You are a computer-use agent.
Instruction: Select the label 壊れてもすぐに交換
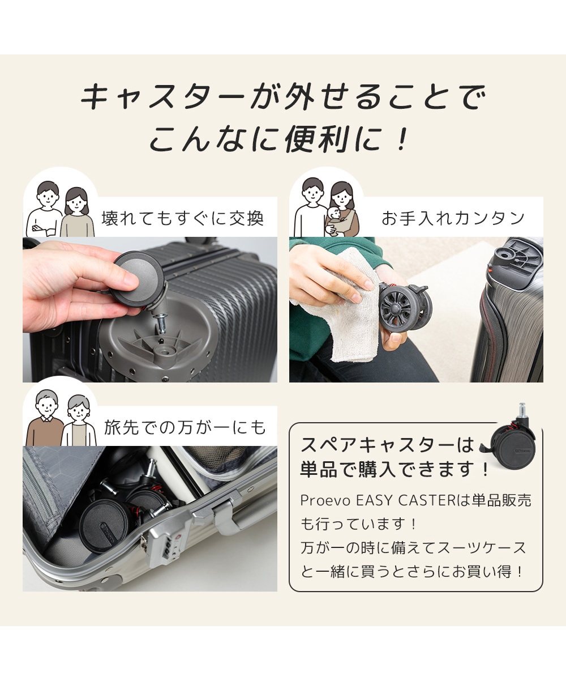tap(182, 218)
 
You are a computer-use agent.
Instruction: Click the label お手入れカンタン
tap(452, 218)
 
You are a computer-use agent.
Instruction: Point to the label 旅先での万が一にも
tap(185, 427)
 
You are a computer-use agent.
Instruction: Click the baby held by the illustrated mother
tap(334, 220)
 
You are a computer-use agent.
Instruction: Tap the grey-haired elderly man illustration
tap(45, 418)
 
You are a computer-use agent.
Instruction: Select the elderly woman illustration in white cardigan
tap(79, 421)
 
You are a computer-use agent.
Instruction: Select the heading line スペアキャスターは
tap(387, 444)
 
